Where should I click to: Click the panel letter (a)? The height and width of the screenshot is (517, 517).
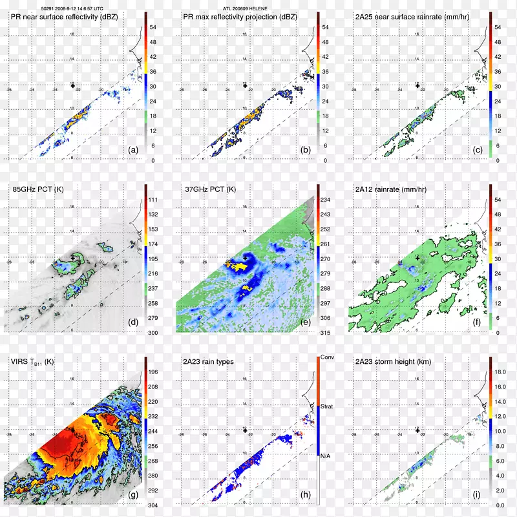[134, 150]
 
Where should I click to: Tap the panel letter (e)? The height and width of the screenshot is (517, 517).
[306, 322]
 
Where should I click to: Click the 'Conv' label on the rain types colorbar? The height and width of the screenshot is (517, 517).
[328, 358]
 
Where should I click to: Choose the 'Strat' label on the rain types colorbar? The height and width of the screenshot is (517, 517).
[328, 406]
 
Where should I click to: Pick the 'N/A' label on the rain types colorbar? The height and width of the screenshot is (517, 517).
[327, 456]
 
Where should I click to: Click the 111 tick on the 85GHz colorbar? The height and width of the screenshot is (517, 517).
[154, 200]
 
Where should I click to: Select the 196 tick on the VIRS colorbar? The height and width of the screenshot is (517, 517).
[154, 372]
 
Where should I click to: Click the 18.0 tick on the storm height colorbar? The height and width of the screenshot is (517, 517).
[500, 372]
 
